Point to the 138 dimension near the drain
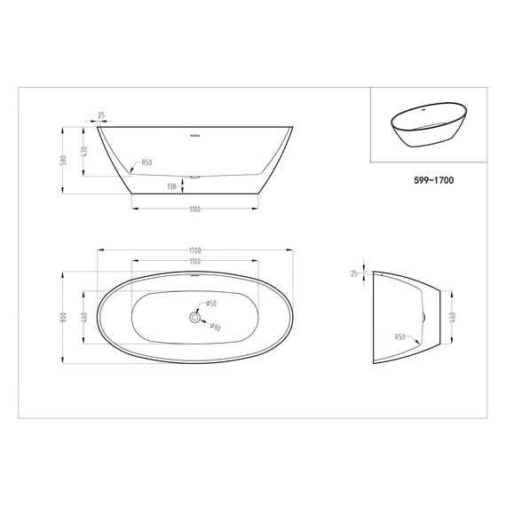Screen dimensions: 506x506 [172, 186]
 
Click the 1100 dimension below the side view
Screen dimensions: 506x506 [194, 210]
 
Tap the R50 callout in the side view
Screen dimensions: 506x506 [146, 163]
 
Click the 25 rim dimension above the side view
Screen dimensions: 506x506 [102, 115]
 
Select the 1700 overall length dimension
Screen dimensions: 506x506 [194, 250]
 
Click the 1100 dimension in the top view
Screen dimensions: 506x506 [194, 261]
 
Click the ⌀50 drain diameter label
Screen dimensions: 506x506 [211, 304]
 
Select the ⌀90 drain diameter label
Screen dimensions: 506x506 [215, 327]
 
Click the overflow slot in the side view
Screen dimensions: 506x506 [194, 137]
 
